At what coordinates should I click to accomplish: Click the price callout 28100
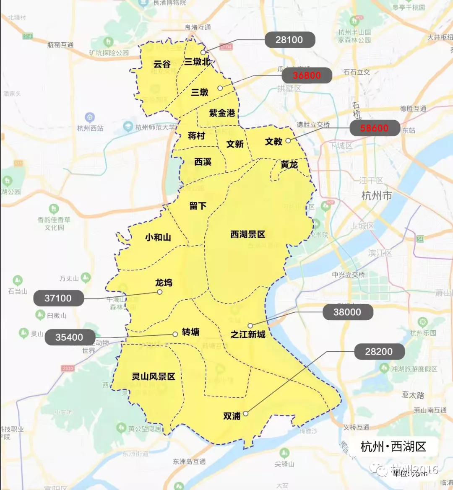289,40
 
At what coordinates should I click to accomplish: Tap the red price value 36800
307,75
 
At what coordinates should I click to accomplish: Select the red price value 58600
374,128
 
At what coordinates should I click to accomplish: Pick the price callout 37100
58,298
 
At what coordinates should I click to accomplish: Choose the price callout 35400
69,337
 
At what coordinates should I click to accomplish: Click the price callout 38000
347,312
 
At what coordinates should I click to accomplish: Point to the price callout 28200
379,352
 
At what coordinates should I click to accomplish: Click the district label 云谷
162,64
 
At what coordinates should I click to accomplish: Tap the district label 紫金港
222,113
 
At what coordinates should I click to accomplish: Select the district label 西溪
203,162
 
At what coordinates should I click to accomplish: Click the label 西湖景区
248,234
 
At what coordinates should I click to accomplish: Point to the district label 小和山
158,237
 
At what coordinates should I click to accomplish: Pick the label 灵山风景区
154,376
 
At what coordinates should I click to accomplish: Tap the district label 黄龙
289,165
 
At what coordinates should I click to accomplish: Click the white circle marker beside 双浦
246,413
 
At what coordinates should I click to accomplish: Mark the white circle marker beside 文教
288,141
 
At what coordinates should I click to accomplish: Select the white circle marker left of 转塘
175,334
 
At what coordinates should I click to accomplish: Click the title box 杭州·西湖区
393,446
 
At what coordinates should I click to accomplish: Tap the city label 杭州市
376,196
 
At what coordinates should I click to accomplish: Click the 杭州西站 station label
90,128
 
